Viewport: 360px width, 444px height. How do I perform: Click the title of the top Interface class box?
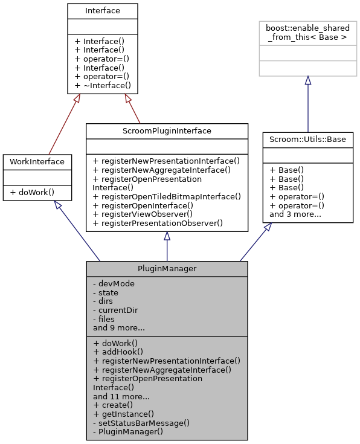point(102,10)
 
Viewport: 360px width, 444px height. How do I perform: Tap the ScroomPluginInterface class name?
point(167,130)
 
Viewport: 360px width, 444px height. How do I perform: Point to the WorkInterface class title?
point(37,161)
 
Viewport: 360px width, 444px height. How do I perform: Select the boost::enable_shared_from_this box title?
point(307,32)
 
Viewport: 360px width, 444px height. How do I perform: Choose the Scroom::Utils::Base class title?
point(307,139)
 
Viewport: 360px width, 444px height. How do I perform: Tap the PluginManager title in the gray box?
point(167,269)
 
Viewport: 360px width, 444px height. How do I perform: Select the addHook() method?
point(118,352)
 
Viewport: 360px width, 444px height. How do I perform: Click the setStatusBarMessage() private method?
point(141,423)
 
